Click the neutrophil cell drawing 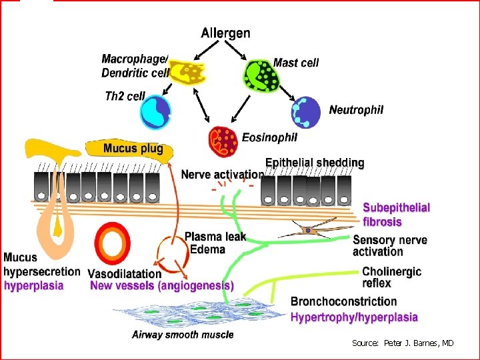coord(305,112)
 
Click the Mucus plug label coord(133,148)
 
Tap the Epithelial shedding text coord(315,163)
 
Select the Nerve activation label coord(222,175)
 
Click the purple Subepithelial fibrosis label coord(397,213)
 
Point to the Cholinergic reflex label coord(391,277)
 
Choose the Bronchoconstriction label coord(343,302)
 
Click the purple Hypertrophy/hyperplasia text coord(354,317)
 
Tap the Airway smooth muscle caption coord(183,334)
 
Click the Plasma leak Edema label coord(213,243)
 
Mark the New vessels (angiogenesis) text coord(162,285)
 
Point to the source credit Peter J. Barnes coord(403,343)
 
